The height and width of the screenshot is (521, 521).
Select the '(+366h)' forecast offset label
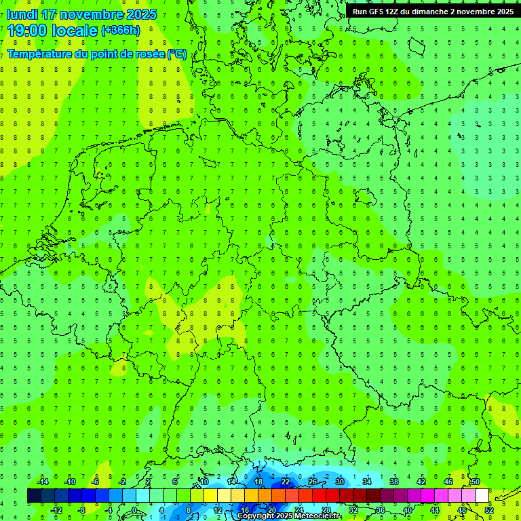[x=120, y=30]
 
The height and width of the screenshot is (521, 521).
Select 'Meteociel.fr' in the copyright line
[x=313, y=516]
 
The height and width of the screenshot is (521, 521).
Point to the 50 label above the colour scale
[x=476, y=482]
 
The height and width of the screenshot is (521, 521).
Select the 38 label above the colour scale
[x=394, y=482]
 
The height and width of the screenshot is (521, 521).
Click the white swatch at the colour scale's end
[x=482, y=496]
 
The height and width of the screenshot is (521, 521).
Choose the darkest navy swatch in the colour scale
[x=34, y=496]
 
